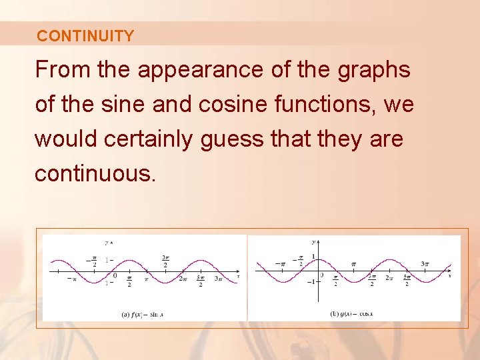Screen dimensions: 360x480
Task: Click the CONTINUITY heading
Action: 85,36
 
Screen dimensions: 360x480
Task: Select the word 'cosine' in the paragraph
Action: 201,104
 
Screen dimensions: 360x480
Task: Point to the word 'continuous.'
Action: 95,173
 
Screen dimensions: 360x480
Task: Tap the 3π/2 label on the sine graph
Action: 165,261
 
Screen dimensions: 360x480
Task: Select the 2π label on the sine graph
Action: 183,279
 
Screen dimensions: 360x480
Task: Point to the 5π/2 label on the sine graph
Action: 200,282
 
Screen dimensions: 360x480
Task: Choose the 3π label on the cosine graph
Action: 425,264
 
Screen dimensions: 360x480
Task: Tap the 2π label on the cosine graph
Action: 389,278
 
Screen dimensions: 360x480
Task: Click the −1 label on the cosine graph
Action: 310,281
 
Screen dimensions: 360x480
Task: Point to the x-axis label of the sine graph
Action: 238,276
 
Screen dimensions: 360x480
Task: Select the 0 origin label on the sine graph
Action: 115,275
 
